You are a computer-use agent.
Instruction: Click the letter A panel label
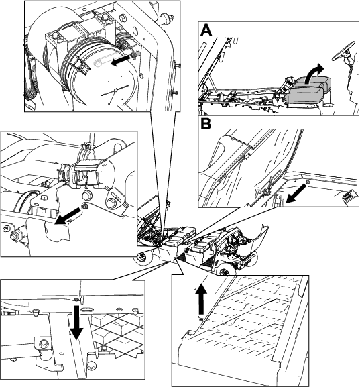206,30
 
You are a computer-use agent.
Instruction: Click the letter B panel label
206,124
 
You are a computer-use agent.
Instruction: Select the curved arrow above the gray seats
313,73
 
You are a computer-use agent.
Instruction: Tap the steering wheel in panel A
343,50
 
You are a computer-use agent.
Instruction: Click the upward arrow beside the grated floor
201,299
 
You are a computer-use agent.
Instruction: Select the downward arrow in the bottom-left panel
76,323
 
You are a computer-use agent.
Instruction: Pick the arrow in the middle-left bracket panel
67,216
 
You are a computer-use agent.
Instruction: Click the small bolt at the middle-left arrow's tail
85,206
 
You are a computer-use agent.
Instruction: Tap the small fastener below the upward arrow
201,320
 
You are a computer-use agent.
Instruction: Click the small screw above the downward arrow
76,300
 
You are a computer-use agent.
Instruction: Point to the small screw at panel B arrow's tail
308,182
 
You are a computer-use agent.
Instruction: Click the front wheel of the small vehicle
225,271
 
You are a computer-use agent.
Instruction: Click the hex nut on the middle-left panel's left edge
15,235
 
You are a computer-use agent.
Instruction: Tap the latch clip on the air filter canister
81,65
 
